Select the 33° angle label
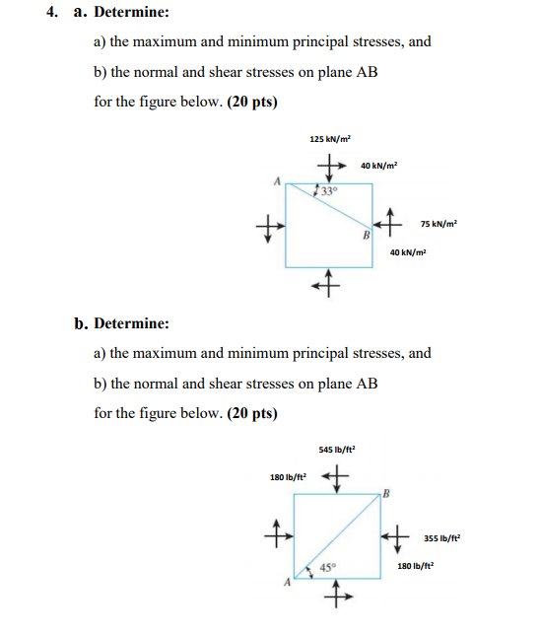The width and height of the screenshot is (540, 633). [x=326, y=190]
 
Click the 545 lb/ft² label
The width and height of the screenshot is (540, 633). [x=337, y=450]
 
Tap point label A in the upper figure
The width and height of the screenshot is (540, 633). [x=279, y=180]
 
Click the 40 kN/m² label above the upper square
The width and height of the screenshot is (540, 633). [x=379, y=166]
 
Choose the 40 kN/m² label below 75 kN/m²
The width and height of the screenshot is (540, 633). [x=408, y=252]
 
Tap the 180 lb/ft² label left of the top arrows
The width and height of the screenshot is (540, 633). [x=289, y=477]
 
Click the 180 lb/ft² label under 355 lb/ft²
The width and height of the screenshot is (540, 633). [x=416, y=566]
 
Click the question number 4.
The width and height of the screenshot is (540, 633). [x=60, y=13]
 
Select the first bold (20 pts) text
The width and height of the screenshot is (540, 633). [x=252, y=103]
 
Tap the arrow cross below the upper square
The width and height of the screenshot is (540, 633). [x=327, y=285]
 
